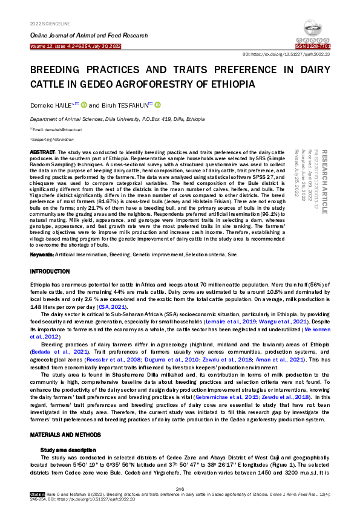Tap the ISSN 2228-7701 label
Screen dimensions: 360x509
coord(313,47)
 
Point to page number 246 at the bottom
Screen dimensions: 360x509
coord(180,488)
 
